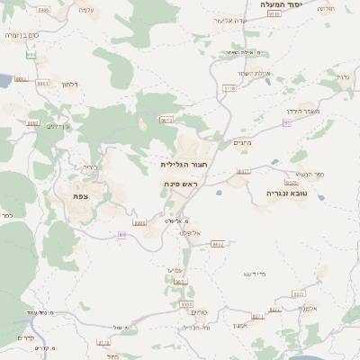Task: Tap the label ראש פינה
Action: click(181, 184)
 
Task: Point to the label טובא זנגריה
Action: click(287, 193)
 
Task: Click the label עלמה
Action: click(86, 9)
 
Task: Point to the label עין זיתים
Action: click(58, 126)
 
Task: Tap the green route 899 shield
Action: click(31, 54)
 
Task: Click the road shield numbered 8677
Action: click(243, 170)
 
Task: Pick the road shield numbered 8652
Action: click(218, 243)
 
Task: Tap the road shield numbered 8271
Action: click(258, 317)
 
